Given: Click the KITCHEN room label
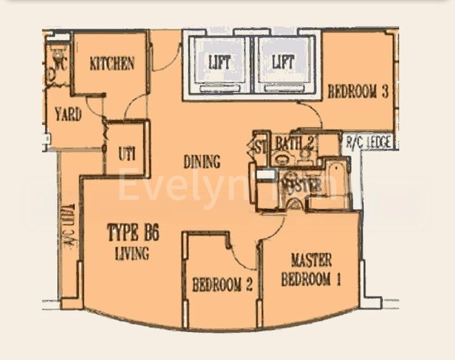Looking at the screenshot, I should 112,63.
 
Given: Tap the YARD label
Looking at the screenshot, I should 68,114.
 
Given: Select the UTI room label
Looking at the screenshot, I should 126,153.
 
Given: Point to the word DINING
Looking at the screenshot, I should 202,161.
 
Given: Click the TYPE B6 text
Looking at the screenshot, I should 133,232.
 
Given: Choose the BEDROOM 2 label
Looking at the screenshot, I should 222,284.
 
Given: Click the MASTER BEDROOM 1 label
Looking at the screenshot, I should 311,269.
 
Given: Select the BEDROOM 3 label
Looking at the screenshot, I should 358,92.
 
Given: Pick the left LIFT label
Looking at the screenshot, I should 219,61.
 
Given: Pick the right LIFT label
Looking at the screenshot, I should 283,61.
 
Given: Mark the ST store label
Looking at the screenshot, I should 260,146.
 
